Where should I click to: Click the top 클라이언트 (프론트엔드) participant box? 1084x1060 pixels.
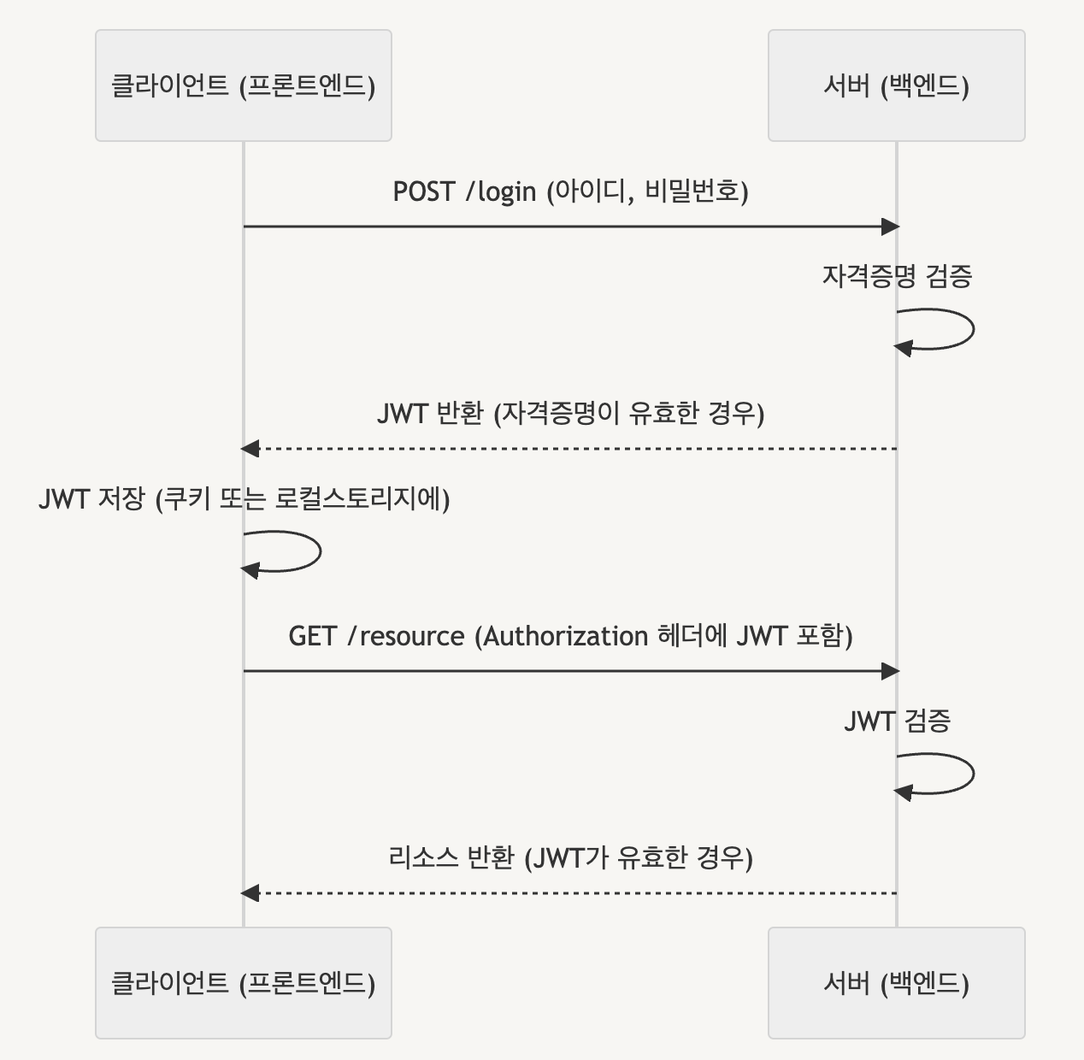click(243, 85)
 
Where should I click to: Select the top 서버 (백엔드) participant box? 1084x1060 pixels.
click(896, 85)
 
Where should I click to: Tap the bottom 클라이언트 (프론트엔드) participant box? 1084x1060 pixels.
click(243, 983)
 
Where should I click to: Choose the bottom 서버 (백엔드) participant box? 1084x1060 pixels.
click(896, 983)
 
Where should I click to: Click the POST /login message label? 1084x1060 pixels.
click(570, 191)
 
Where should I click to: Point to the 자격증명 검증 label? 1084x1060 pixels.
click(897, 276)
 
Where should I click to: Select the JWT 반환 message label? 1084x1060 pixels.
click(570, 414)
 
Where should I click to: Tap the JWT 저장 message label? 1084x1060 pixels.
click(244, 499)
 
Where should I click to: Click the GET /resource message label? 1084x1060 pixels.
click(570, 636)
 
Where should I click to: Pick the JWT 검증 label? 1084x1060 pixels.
click(897, 721)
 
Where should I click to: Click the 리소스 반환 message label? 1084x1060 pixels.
click(570, 857)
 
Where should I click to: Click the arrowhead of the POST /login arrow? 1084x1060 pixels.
click(890, 227)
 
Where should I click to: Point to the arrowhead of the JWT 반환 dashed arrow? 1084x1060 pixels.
click(250, 449)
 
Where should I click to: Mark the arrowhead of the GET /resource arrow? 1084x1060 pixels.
click(890, 671)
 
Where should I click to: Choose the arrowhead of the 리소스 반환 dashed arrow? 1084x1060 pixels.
click(250, 893)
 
